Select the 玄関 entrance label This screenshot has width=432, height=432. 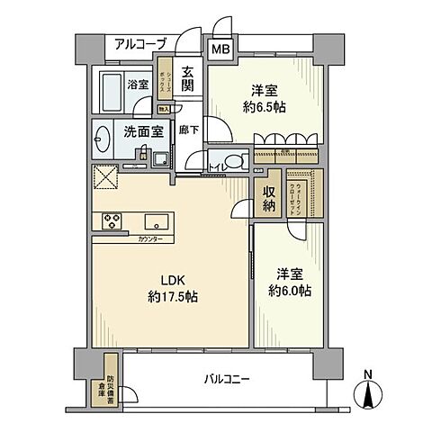[x=187, y=80]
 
